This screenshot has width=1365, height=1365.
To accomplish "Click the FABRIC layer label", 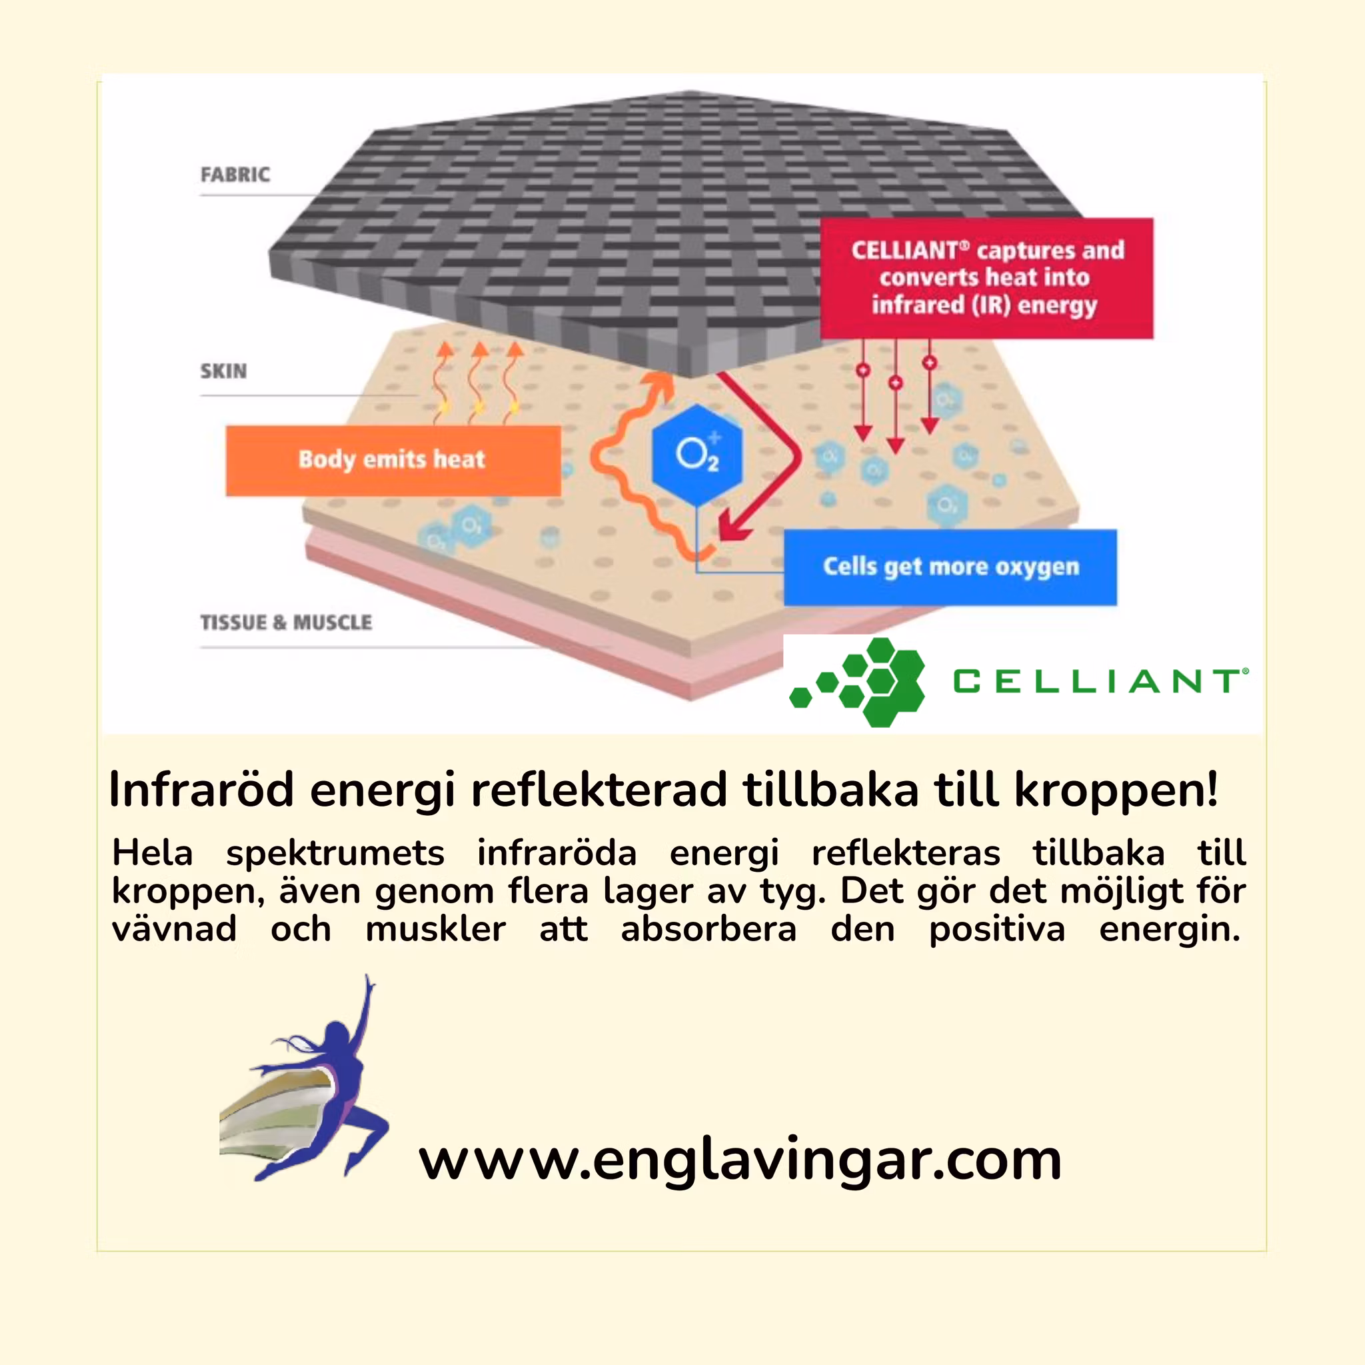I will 235,175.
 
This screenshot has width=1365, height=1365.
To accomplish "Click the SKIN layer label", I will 223,371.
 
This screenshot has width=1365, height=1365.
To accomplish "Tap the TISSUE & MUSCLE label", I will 285,623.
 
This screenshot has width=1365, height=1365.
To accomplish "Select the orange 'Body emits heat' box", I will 393,460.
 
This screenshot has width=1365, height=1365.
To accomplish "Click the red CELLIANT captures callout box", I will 986,278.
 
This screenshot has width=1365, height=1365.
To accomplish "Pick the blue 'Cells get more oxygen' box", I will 950,567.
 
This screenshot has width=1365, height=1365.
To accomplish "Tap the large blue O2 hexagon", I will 696,455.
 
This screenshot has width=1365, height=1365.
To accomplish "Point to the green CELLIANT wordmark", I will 1098,682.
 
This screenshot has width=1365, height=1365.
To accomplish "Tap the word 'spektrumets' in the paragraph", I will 335,852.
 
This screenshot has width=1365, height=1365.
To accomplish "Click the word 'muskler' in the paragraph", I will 435,929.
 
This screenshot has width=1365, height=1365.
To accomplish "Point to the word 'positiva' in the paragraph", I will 997,929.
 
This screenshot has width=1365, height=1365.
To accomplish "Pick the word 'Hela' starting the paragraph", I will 153,852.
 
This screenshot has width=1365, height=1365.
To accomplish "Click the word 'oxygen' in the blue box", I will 1037,567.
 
